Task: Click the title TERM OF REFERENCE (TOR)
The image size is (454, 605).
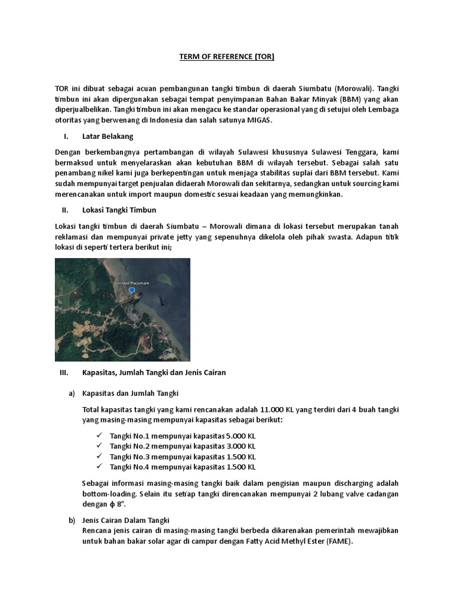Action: (227, 57)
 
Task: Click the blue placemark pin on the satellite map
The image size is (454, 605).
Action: (131, 291)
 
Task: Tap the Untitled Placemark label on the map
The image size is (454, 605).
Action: (131, 284)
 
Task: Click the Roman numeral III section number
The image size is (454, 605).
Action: (65, 373)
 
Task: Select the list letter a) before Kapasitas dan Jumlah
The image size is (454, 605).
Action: (72, 393)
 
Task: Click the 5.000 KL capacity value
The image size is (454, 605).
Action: (241, 435)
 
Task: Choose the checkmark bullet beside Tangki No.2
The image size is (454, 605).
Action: (98, 446)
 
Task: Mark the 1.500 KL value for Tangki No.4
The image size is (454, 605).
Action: (241, 467)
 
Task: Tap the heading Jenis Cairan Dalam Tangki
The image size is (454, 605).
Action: (126, 520)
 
